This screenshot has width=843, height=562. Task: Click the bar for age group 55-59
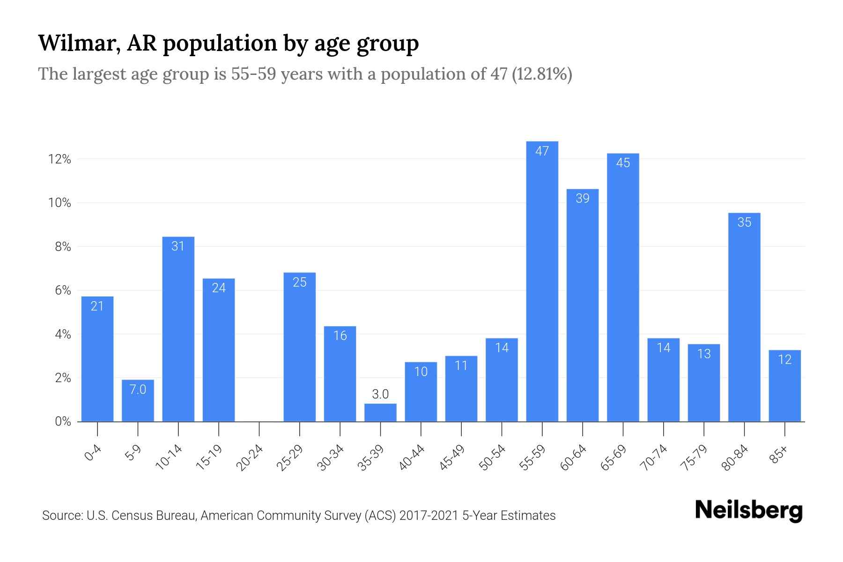pos(542,281)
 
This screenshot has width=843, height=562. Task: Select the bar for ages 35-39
pos(380,413)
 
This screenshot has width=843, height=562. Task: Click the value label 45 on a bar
pos(623,163)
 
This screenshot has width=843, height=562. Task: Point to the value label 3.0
pos(380,394)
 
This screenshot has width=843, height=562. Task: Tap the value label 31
pos(178,246)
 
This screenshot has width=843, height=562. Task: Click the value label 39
pos(582,199)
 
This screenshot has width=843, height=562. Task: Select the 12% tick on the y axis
pos(59,160)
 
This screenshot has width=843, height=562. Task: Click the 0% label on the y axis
pos(63,421)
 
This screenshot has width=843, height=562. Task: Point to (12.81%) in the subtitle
pos(542,74)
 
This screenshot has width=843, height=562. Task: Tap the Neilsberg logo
pos(748,510)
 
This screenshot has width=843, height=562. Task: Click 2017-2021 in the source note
pos(429,516)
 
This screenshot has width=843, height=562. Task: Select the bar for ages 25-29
pos(300,347)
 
